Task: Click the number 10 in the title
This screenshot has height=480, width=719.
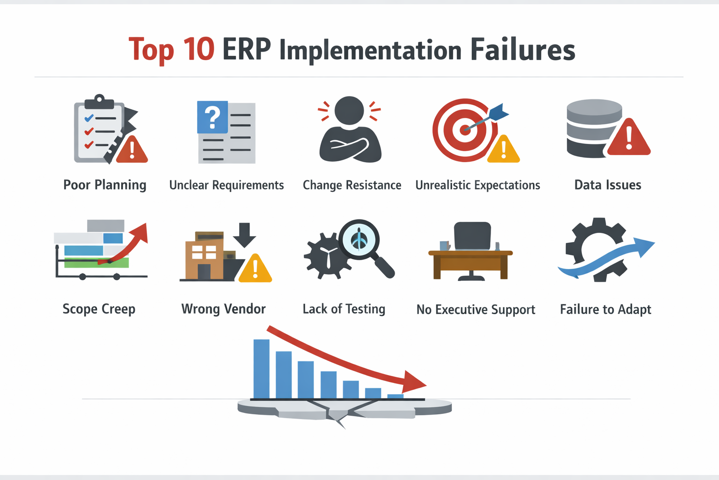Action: pyautogui.click(x=198, y=49)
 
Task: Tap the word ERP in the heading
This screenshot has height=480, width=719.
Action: pyautogui.click(x=247, y=49)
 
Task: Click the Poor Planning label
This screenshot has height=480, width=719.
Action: pyautogui.click(x=105, y=185)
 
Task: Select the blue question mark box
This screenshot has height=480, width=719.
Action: pyautogui.click(x=213, y=117)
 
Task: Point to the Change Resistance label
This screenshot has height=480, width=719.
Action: pyautogui.click(x=352, y=185)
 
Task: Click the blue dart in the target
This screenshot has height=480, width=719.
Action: pyautogui.click(x=498, y=112)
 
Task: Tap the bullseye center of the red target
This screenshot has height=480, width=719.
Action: pyautogui.click(x=465, y=129)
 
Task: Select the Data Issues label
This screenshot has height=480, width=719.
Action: pyautogui.click(x=608, y=185)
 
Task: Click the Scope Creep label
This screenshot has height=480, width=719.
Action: pyautogui.click(x=99, y=309)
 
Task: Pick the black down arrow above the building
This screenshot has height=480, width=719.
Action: pyautogui.click(x=244, y=234)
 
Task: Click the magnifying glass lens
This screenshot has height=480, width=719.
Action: pyautogui.click(x=359, y=239)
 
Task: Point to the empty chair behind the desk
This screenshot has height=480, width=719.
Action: pyautogui.click(x=472, y=236)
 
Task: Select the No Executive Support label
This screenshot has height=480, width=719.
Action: pyautogui.click(x=476, y=310)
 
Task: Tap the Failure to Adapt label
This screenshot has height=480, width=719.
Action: pyautogui.click(x=605, y=310)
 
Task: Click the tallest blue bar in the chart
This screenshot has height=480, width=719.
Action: pyautogui.click(x=261, y=369)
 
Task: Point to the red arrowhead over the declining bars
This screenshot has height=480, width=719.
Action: pyautogui.click(x=414, y=382)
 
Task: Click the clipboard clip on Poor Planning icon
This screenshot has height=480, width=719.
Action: pyautogui.click(x=99, y=100)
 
